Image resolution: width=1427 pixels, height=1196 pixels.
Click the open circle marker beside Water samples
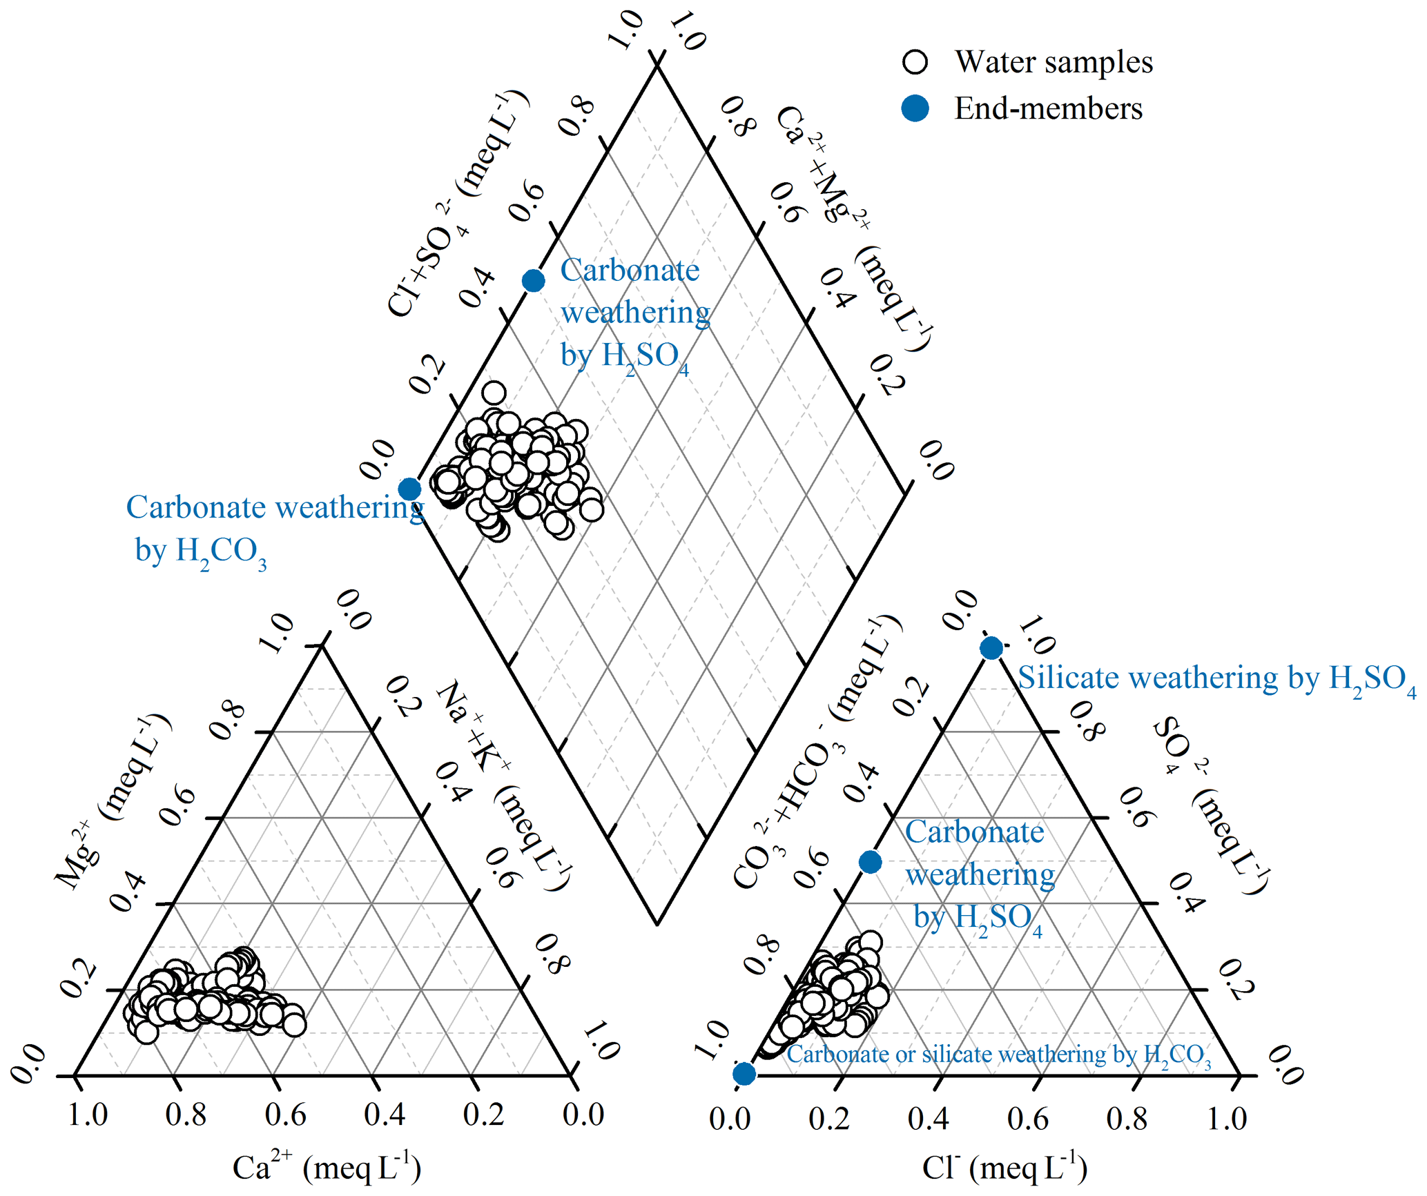pyautogui.click(x=915, y=62)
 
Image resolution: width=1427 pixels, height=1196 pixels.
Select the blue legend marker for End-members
pyautogui.click(x=915, y=108)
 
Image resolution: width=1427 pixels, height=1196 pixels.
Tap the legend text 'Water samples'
pyautogui.click(x=1054, y=62)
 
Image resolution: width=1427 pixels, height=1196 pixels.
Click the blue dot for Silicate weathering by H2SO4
pyautogui.click(x=991, y=648)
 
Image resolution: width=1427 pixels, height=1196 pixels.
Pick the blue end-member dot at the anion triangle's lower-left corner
pyautogui.click(x=744, y=1074)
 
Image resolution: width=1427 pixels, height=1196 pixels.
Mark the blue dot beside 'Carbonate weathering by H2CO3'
pyautogui.click(x=409, y=489)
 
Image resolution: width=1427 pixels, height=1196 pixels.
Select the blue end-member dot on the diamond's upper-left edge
pyautogui.click(x=533, y=281)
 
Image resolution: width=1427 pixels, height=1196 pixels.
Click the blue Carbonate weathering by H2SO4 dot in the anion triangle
pyautogui.click(x=870, y=862)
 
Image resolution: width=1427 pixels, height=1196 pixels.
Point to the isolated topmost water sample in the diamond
pyautogui.click(x=494, y=393)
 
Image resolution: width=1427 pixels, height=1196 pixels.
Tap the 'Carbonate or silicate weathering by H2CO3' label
pyautogui.click(x=998, y=1055)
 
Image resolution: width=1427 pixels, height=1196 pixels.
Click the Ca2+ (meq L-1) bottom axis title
pyautogui.click(x=327, y=1168)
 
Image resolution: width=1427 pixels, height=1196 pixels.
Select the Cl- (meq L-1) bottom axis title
pyautogui.click(x=1004, y=1168)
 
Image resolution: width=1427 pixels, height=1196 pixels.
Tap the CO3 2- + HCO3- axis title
pyautogui.click(x=818, y=752)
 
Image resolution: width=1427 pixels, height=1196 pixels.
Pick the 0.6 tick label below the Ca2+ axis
pyautogui.click(x=285, y=1115)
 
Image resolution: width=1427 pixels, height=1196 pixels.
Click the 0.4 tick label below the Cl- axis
pyautogui.click(x=928, y=1119)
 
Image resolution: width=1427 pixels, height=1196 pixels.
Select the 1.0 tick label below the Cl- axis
pyautogui.click(x=1226, y=1119)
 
